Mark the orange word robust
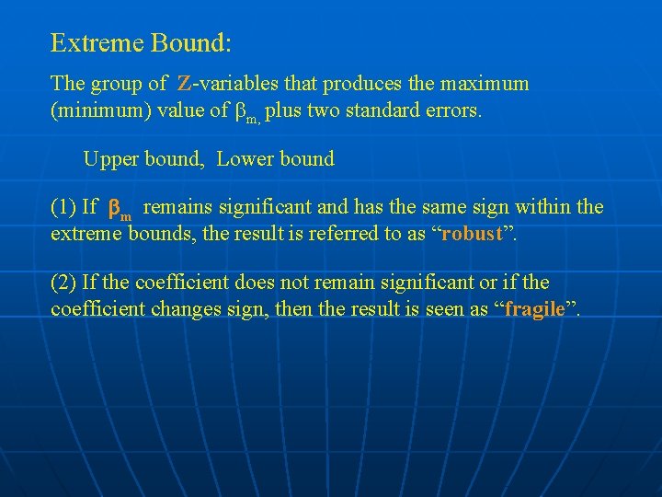[472, 233]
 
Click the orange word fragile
[535, 308]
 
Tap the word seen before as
[446, 308]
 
